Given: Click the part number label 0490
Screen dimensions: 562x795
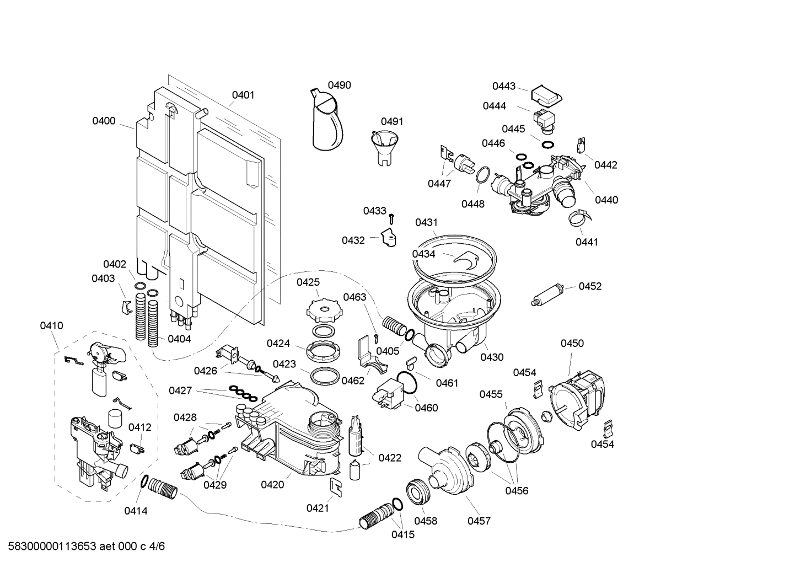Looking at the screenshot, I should [339, 85].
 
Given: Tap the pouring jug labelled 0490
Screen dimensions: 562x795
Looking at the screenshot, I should [326, 121].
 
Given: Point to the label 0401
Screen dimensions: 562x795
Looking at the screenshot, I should [243, 95].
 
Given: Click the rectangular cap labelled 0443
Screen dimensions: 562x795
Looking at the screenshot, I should [545, 95].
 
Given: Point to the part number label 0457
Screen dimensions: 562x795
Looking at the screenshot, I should [479, 521].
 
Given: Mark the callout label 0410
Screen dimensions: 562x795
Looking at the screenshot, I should [51, 325].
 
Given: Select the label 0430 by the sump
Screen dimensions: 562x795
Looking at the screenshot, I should [492, 357].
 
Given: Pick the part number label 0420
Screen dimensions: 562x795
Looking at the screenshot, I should [272, 484].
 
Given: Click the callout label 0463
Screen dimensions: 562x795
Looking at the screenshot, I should [354, 297].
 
